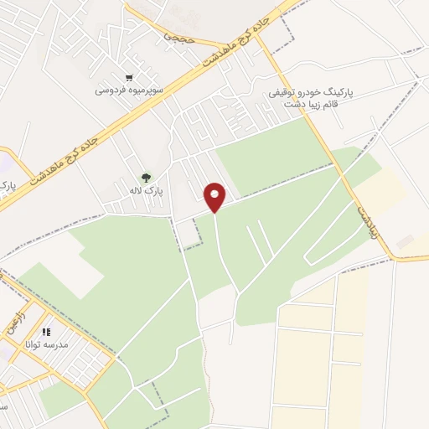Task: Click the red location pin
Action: [215, 197]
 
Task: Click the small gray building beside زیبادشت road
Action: [405, 241]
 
